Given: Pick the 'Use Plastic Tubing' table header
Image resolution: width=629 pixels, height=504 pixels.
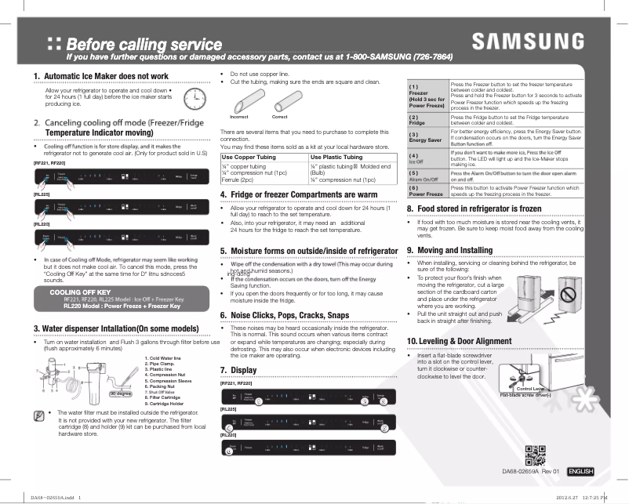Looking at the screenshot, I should tap(336, 158).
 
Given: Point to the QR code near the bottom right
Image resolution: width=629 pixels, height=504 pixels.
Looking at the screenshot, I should tap(535, 455).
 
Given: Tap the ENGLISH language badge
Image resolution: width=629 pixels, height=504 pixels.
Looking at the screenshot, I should tap(580, 472).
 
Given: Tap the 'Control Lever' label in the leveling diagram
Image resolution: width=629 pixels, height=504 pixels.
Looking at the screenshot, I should tap(530, 389).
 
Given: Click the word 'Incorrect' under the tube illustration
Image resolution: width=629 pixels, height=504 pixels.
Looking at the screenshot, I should tap(240, 117).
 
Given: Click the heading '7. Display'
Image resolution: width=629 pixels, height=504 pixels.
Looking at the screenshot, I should tap(238, 369).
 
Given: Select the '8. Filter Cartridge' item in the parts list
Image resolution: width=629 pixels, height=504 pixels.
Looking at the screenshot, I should tap(166, 397).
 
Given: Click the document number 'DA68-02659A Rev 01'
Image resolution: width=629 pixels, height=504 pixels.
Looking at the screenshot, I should tap(531, 472).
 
